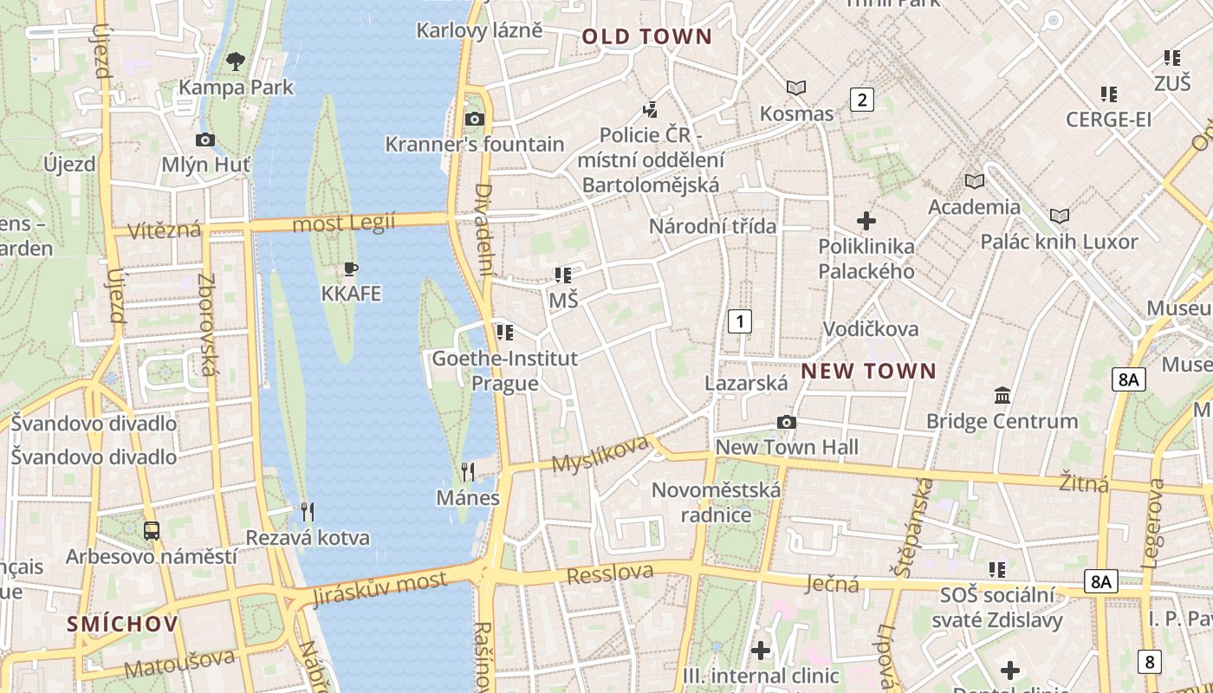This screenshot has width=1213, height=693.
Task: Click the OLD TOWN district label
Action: tap(646, 37)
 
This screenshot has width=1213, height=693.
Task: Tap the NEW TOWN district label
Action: tap(868, 372)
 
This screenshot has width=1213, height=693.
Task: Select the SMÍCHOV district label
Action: tap(123, 624)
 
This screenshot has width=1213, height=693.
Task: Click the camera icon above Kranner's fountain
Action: tap(474, 120)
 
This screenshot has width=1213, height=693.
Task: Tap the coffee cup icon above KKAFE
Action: tap(351, 269)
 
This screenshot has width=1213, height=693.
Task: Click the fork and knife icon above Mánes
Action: tap(468, 472)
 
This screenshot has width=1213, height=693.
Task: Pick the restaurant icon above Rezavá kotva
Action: tap(307, 512)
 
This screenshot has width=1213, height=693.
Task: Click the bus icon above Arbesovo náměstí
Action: tap(152, 530)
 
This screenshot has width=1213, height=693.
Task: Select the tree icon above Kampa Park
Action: tap(236, 62)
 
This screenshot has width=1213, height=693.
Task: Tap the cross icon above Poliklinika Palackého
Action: tap(866, 221)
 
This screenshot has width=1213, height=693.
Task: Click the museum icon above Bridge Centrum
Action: tap(1002, 396)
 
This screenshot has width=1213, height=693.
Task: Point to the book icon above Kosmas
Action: tap(796, 87)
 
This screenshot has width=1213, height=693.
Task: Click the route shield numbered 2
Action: tap(861, 100)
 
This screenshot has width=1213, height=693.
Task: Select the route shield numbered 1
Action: tap(739, 321)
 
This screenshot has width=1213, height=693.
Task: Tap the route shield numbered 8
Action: tap(1149, 662)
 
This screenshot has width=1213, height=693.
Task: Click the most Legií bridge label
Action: tap(344, 223)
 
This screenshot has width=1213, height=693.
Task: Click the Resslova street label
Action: tap(610, 573)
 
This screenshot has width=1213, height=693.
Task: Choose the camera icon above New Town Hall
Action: tap(787, 422)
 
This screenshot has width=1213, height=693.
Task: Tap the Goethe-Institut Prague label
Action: tap(504, 370)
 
